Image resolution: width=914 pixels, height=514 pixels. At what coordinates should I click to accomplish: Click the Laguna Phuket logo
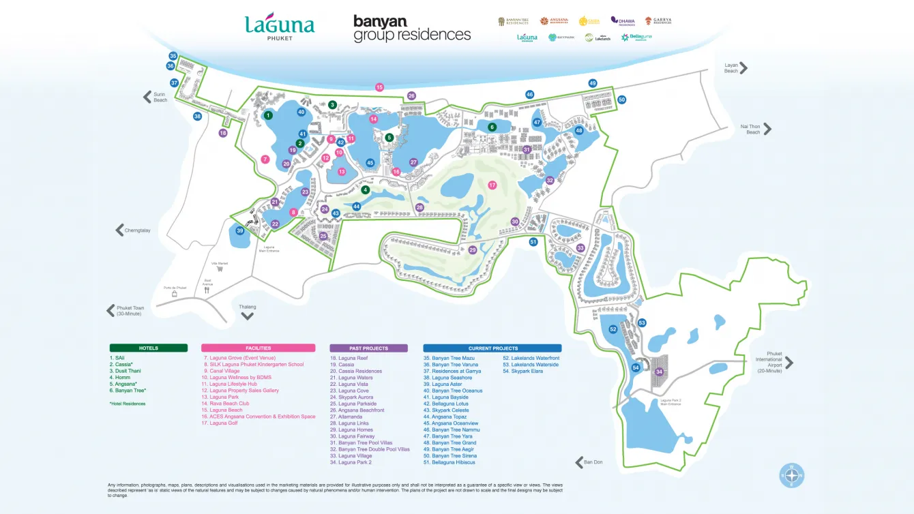pyautogui.click(x=280, y=27)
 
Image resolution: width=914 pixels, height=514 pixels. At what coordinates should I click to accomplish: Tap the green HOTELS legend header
pyautogui.click(x=148, y=348)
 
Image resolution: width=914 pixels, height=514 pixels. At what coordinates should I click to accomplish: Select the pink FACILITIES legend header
pyautogui.click(x=258, y=348)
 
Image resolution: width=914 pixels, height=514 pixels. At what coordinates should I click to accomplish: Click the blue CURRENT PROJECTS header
pyautogui.click(x=492, y=348)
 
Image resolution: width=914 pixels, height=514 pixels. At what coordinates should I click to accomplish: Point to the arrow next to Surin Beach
pyautogui.click(x=147, y=97)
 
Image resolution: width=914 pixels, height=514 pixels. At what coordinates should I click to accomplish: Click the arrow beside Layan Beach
pyautogui.click(x=743, y=67)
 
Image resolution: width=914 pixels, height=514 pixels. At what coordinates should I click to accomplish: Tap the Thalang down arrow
pyautogui.click(x=248, y=315)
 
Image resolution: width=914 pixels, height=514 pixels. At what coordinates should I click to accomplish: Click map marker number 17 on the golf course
pyautogui.click(x=492, y=185)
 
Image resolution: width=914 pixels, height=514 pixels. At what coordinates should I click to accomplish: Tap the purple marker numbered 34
pyautogui.click(x=659, y=372)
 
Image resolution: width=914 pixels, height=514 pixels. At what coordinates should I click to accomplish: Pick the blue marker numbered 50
pyautogui.click(x=621, y=100)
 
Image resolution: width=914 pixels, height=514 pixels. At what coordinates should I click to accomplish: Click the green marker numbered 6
pyautogui.click(x=492, y=127)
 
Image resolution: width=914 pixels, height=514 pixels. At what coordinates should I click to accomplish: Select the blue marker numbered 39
pyautogui.click(x=240, y=231)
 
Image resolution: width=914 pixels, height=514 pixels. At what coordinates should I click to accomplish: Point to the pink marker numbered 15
pyautogui.click(x=379, y=87)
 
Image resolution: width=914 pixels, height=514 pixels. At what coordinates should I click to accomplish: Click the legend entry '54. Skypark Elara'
pyautogui.click(x=522, y=371)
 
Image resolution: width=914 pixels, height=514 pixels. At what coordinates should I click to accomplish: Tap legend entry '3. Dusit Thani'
pyautogui.click(x=125, y=371)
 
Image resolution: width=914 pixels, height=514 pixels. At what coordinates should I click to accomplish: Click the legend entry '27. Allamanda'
pyautogui.click(x=350, y=417)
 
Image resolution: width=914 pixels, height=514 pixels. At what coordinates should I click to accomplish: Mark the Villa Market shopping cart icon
pyautogui.click(x=220, y=269)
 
